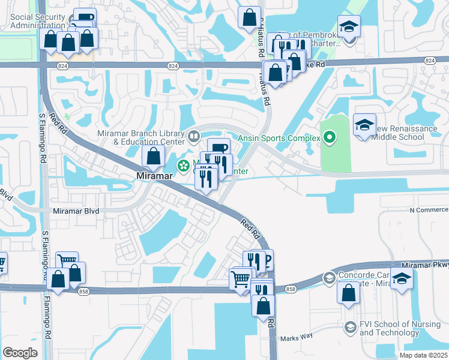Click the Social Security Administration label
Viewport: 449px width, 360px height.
37,21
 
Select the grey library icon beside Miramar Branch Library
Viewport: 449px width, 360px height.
194,136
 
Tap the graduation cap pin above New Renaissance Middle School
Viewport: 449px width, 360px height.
364,125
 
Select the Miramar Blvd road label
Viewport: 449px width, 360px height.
76,211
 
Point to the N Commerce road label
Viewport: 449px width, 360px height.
429,210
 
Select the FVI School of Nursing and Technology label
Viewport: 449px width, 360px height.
392,328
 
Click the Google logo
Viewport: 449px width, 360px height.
20,352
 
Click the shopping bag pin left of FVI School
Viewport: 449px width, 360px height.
349,293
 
